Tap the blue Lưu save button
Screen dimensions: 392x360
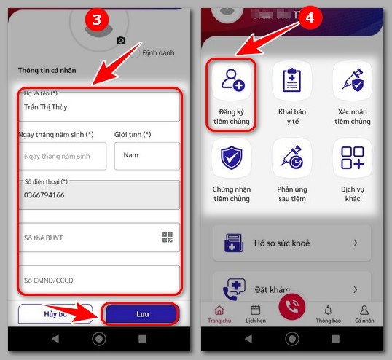coord(141,314)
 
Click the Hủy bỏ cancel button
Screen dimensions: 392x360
coord(55,314)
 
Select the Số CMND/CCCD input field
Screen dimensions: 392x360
coord(100,280)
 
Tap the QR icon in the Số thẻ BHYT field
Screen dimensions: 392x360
coord(168,238)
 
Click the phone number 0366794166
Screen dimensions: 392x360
coord(44,195)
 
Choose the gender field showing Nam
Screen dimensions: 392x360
coord(147,156)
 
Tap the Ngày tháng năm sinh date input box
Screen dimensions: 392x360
coord(63,156)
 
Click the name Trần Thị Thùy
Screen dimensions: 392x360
coord(45,107)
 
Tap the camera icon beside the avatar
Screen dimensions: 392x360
coord(121,41)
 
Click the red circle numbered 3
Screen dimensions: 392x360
coord(97,20)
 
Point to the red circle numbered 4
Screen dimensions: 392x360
coord(310,17)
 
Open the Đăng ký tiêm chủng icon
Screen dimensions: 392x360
coord(233,80)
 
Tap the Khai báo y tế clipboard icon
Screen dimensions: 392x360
coord(291,80)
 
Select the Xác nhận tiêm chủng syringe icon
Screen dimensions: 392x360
coord(353,80)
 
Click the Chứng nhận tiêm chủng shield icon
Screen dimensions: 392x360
coord(232,157)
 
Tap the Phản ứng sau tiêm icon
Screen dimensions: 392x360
coord(291,157)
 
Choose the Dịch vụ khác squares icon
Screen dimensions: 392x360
coord(353,157)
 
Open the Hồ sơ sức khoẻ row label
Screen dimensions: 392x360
coord(282,243)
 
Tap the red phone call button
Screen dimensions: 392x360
coord(292,307)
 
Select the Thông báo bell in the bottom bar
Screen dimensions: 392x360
coord(328,310)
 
